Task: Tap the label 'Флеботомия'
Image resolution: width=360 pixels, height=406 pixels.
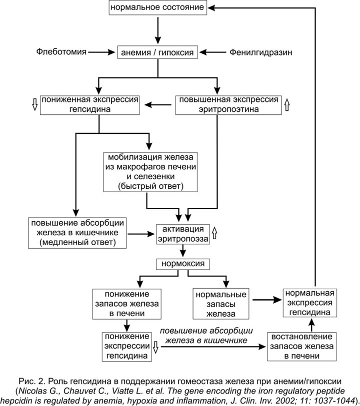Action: (x=61, y=52)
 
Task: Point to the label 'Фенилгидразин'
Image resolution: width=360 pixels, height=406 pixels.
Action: (x=260, y=52)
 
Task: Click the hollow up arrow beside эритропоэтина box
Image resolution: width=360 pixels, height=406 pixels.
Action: (x=286, y=104)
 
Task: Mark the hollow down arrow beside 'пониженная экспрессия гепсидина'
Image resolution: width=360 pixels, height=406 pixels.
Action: (x=34, y=104)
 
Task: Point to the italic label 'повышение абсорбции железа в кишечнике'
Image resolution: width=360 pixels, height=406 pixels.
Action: (x=206, y=336)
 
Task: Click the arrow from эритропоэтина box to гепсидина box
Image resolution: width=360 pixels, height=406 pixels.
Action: (x=158, y=105)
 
